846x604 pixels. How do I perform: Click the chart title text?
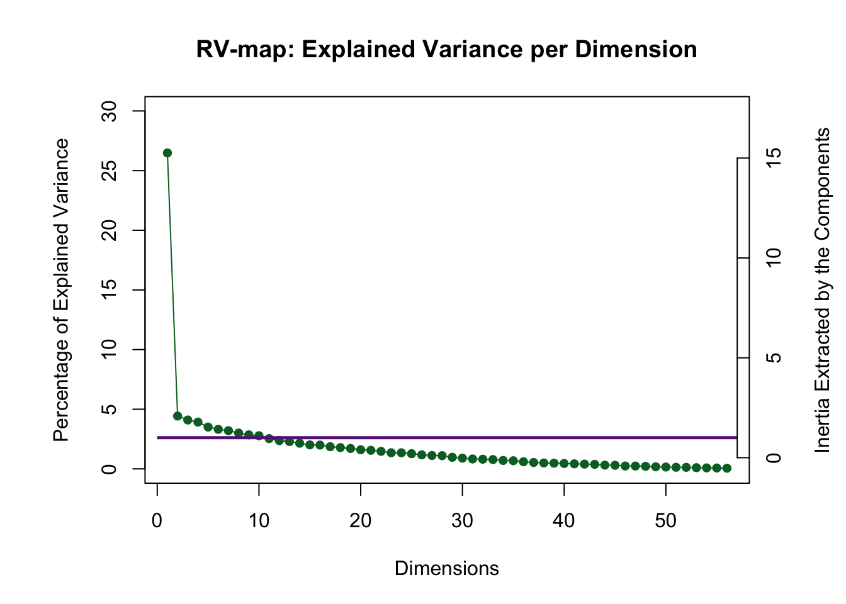pyautogui.click(x=446, y=50)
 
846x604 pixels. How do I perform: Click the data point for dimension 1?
pyautogui.click(x=167, y=153)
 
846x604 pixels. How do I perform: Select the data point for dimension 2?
pyautogui.click(x=178, y=416)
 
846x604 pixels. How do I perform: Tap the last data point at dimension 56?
pyautogui.click(x=727, y=468)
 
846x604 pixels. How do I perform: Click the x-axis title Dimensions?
pyautogui.click(x=446, y=569)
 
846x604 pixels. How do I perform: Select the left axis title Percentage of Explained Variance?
pyautogui.click(x=61, y=290)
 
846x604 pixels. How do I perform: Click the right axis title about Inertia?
pyautogui.click(x=823, y=290)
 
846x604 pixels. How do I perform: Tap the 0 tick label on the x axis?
pyautogui.click(x=157, y=521)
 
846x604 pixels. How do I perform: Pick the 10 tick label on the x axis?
pyautogui.click(x=259, y=521)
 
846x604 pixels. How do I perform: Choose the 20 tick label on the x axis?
pyautogui.click(x=361, y=521)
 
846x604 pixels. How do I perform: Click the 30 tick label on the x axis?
pyautogui.click(x=463, y=521)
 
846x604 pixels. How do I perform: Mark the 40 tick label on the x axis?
pyautogui.click(x=564, y=521)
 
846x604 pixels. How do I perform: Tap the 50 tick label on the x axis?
pyautogui.click(x=666, y=521)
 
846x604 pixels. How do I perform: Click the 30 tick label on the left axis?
pyautogui.click(x=110, y=111)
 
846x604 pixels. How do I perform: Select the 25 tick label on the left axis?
pyautogui.click(x=110, y=171)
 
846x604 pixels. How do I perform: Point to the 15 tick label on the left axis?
pyautogui.click(x=110, y=290)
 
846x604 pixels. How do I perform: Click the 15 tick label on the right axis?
pyautogui.click(x=774, y=158)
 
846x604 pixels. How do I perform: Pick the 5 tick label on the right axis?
pyautogui.click(x=774, y=358)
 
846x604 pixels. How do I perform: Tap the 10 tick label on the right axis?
pyautogui.click(x=774, y=258)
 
